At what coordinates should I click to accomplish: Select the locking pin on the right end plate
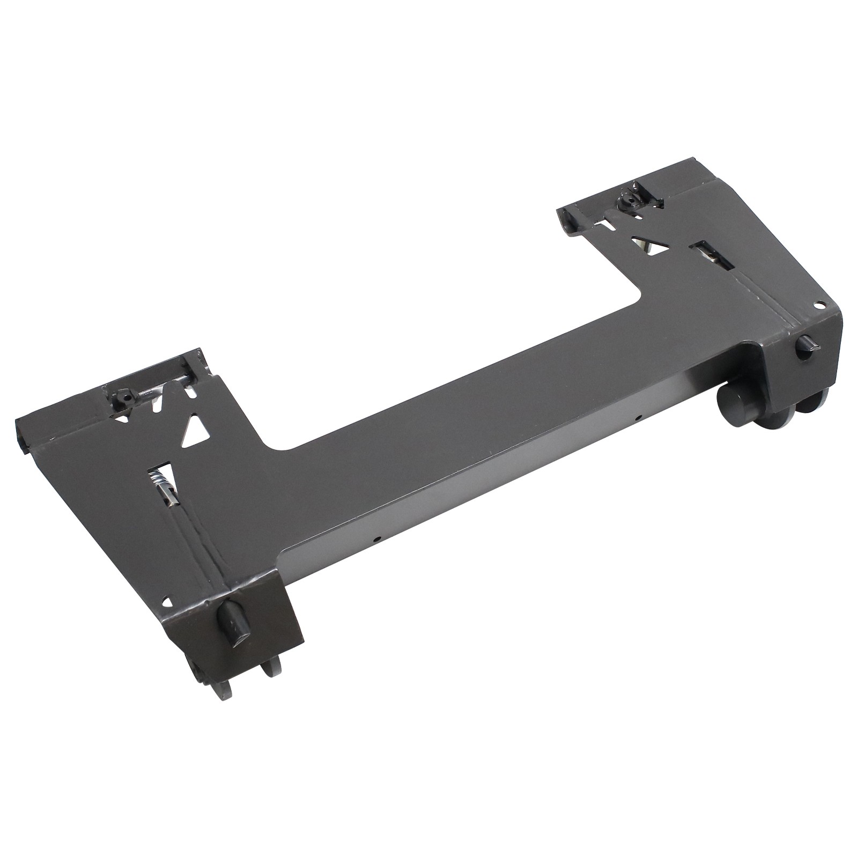807,344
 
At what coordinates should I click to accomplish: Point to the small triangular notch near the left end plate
170,602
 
